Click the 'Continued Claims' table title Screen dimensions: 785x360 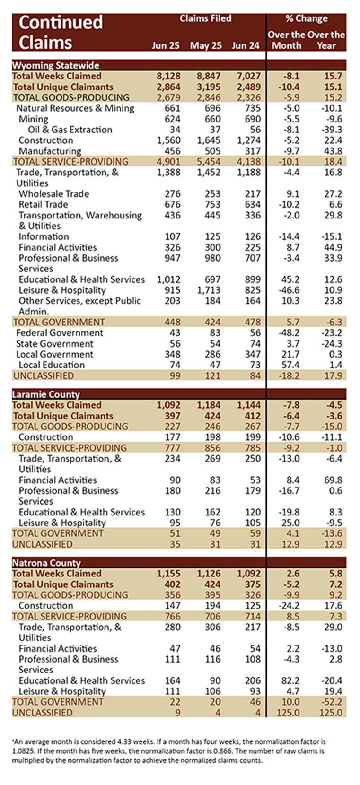point(60,32)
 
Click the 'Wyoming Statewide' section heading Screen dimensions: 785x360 point(55,65)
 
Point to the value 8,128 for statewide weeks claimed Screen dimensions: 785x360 point(168,76)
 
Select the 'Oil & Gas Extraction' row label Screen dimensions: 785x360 point(70,130)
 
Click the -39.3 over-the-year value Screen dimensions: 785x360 point(331,130)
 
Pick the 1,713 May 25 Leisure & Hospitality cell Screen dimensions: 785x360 point(209,290)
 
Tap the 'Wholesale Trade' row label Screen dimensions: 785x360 point(54,194)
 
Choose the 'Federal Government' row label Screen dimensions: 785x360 point(60,333)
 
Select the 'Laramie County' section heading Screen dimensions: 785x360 point(46,394)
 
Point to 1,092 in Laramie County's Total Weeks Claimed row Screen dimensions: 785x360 point(168,405)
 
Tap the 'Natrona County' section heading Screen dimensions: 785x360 point(46,563)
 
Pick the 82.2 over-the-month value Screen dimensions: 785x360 point(290,680)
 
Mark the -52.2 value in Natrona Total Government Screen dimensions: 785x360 point(331,702)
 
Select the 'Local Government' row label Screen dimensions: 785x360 point(55,354)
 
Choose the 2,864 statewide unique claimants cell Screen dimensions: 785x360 point(168,87)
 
